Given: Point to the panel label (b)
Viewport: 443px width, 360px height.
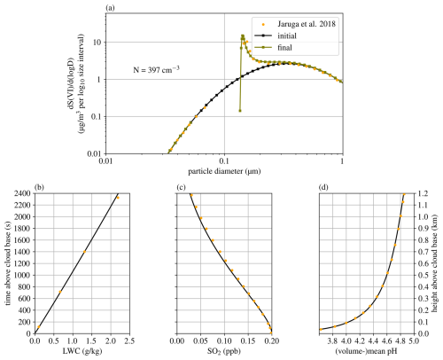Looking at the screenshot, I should click(40, 187).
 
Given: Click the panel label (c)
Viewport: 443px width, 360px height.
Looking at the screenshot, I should click(183, 187).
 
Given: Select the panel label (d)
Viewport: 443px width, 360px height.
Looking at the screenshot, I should click(324, 187).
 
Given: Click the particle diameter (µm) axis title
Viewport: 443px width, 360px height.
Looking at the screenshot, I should click(224, 169).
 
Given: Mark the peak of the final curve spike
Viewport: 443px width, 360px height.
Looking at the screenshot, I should click(243, 36).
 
